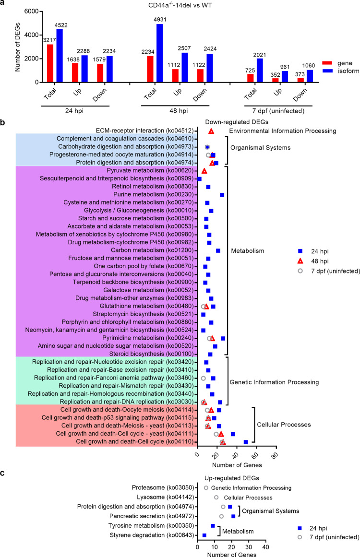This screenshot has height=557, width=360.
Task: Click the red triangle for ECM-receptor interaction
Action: (211, 131)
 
